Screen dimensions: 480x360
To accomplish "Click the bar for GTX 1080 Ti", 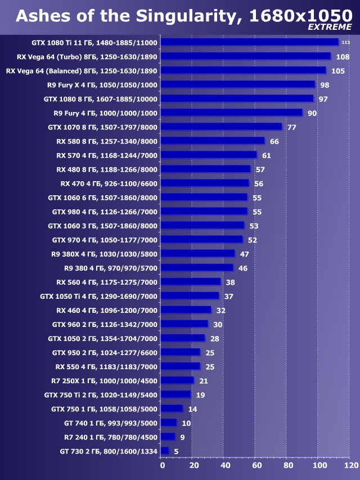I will click(249, 42).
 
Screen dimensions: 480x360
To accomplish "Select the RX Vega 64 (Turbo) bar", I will click(245, 56).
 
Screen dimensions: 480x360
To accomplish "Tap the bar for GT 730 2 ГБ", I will click(164, 451).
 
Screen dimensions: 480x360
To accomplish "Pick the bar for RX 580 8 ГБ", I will click(212, 141).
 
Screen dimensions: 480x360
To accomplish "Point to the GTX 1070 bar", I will click(221, 127).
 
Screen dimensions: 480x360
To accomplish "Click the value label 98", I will click(324, 85).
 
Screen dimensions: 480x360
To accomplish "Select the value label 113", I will click(345, 43).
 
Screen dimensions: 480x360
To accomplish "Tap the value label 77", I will click(291, 127).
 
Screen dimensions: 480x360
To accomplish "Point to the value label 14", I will click(192, 409).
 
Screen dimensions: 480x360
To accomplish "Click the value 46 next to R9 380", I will click(242, 268).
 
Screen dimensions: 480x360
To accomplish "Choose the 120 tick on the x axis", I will click(351, 466).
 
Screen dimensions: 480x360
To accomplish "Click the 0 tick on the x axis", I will click(163, 466).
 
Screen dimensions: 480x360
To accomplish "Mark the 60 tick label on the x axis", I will click(256, 466).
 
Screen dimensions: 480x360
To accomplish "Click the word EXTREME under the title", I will click(330, 27).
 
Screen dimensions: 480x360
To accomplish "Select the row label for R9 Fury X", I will click(102, 84).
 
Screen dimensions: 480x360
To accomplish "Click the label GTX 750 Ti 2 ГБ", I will click(101, 394).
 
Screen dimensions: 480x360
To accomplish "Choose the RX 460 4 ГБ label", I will click(107, 310).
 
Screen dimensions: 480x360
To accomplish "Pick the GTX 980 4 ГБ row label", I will click(105, 211).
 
